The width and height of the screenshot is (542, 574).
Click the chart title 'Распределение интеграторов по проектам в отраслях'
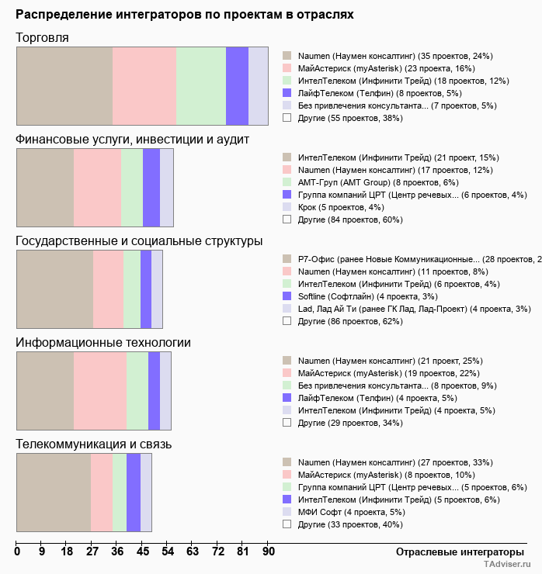[x=184, y=15]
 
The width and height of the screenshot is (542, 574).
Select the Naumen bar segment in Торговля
[x=64, y=85]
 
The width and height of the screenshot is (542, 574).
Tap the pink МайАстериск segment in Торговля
[x=144, y=85]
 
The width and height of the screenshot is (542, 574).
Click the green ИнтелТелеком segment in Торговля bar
[x=201, y=85]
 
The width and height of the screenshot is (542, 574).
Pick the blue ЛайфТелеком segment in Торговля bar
[x=237, y=85]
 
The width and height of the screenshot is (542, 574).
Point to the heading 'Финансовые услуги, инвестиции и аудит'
[x=132, y=139]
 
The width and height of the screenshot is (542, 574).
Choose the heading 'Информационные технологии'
[x=103, y=342]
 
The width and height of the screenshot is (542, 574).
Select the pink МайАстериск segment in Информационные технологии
[x=100, y=390]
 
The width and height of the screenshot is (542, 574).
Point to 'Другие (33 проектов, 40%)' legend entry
[x=349, y=524]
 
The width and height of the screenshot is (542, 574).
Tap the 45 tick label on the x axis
[x=143, y=552]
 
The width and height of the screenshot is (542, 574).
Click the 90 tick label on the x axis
[x=268, y=552]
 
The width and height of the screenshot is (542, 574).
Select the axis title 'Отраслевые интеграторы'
[x=454, y=552]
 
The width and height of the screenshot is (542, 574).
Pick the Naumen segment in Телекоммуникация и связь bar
[x=54, y=492]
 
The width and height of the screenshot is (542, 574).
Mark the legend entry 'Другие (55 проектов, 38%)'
[x=349, y=118]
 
